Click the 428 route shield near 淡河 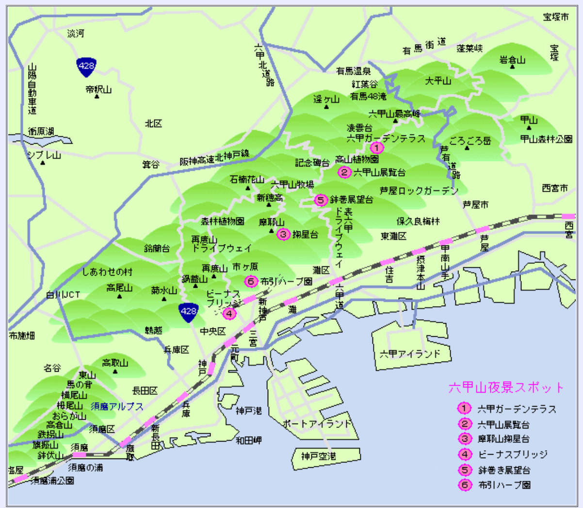(x=86, y=66)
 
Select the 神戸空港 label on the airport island (x=318, y=456)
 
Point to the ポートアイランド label (x=317, y=423)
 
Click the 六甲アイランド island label (x=409, y=353)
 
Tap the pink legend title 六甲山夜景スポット (x=506, y=387)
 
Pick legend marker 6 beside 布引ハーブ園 (x=465, y=484)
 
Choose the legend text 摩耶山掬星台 (x=503, y=439)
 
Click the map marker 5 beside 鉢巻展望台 (x=321, y=199)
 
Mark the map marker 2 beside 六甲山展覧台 (x=344, y=172)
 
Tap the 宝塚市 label (x=555, y=17)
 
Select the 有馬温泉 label (x=354, y=71)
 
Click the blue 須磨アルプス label (x=117, y=407)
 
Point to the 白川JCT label (x=63, y=295)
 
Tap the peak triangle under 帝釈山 (x=97, y=97)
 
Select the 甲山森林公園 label (x=546, y=139)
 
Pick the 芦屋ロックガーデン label (x=419, y=191)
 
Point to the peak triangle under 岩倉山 (x=512, y=66)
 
